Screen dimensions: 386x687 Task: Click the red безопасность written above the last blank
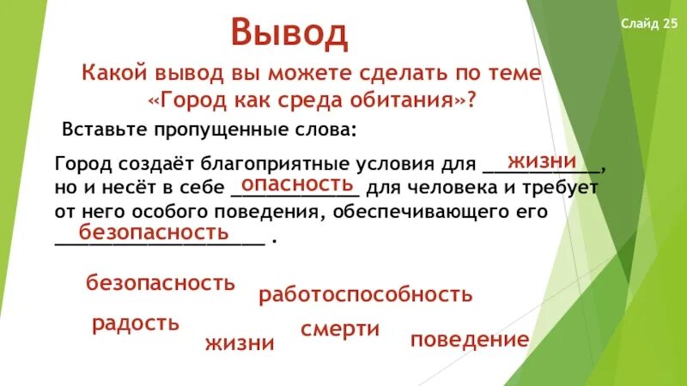pos(154,232)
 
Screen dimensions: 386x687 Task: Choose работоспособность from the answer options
pos(366,295)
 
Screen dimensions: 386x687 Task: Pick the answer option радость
pos(136,323)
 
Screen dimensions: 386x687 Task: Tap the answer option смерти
pos(340,329)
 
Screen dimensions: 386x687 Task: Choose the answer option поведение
pos(469,340)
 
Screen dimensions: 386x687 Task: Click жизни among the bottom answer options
pos(240,344)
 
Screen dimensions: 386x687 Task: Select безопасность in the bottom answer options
pos(160,283)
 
